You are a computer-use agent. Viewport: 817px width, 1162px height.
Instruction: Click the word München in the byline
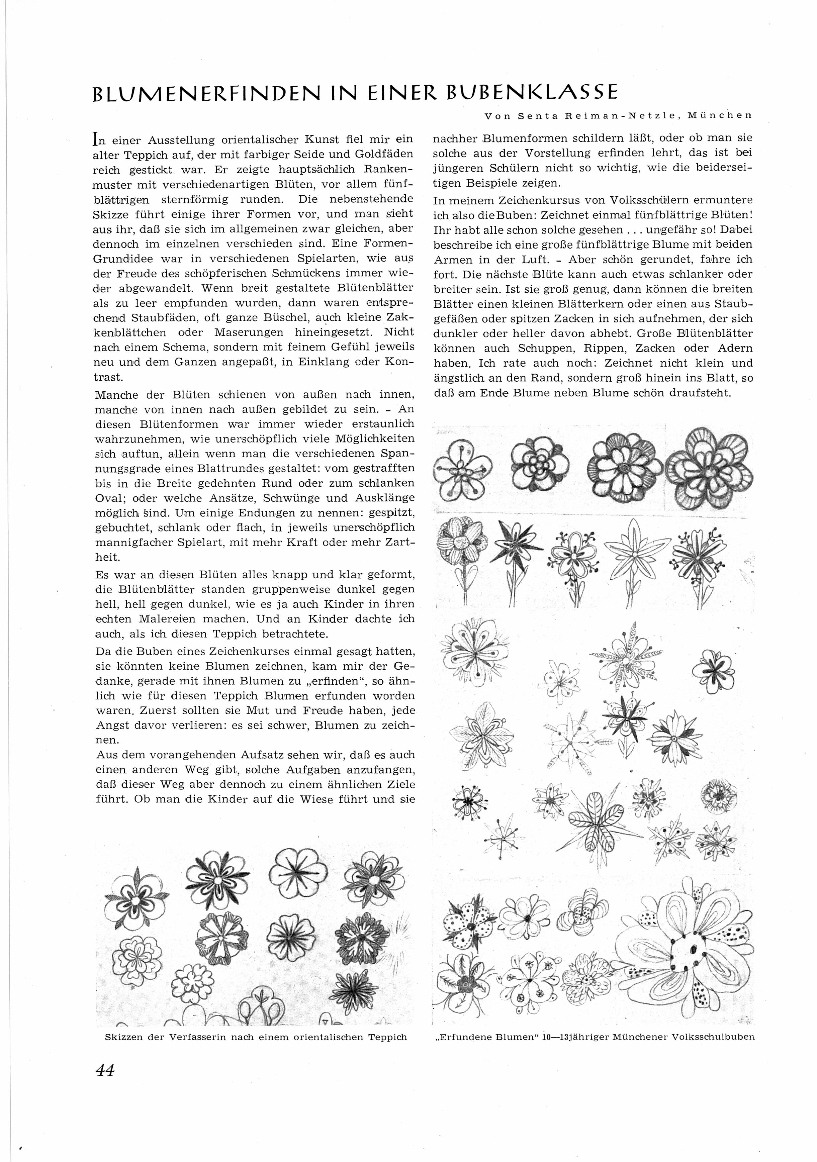[x=721, y=115]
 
